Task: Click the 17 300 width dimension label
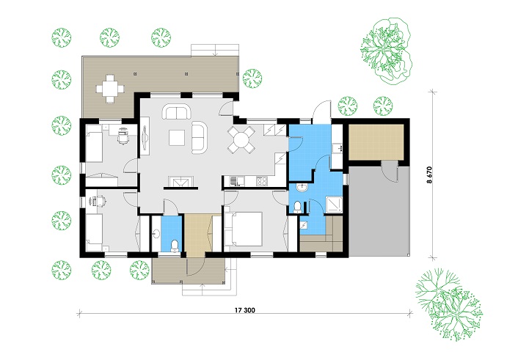pyautogui.click(x=244, y=310)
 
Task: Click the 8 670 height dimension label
pyautogui.click(x=429, y=175)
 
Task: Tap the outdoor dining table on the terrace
pyautogui.click(x=110, y=89)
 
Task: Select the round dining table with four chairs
pyautogui.click(x=241, y=139)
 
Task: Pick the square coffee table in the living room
pyautogui.click(x=177, y=138)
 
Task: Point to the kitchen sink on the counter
pyautogui.click(x=234, y=181)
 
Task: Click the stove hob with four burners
pyautogui.click(x=262, y=181)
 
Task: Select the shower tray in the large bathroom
pyautogui.click(x=334, y=205)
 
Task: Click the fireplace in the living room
pyautogui.click(x=181, y=182)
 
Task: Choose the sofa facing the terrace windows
pyautogui.click(x=176, y=111)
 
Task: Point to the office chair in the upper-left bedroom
pyautogui.click(x=123, y=136)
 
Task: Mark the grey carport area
pyautogui.click(x=379, y=210)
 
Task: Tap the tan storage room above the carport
pyautogui.click(x=376, y=142)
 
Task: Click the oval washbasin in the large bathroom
pyautogui.click(x=302, y=187)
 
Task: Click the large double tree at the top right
pyautogui.click(x=386, y=51)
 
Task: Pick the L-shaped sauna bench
pyautogui.click(x=321, y=235)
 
